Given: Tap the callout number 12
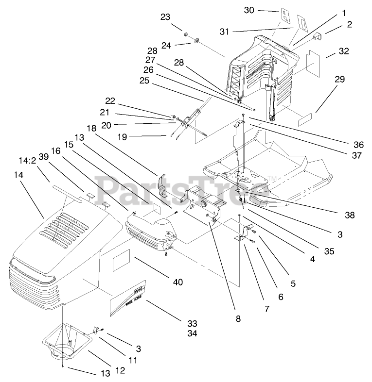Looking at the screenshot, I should click(x=120, y=370).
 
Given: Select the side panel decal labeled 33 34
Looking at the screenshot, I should click(x=130, y=301).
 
